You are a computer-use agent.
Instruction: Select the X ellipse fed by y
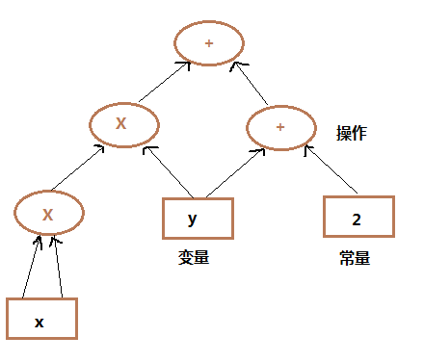pos(123,123)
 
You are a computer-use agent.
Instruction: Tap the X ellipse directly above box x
pos(47,214)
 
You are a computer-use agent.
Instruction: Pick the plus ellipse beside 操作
pos(280,127)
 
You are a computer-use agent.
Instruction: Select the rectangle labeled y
pos(198,219)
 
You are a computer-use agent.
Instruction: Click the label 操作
pos(352,134)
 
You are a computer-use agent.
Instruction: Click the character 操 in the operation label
pos(344,134)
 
